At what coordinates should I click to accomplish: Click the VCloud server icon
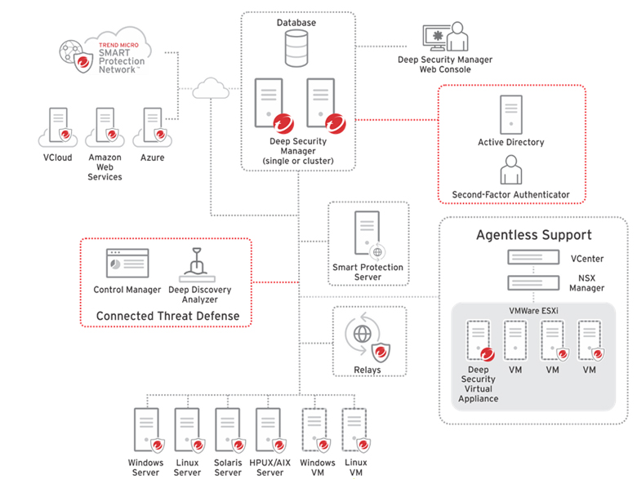coord(59,126)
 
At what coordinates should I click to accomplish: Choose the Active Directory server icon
coord(511,115)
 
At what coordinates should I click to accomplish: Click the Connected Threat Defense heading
coord(167,316)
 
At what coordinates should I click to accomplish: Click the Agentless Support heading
coord(534,235)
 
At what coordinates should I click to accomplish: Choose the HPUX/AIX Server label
coord(270,468)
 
